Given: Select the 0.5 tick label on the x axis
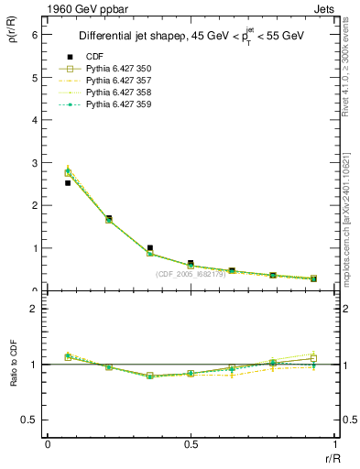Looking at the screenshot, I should click(x=191, y=444).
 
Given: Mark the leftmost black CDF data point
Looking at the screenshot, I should click(x=68, y=183).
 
